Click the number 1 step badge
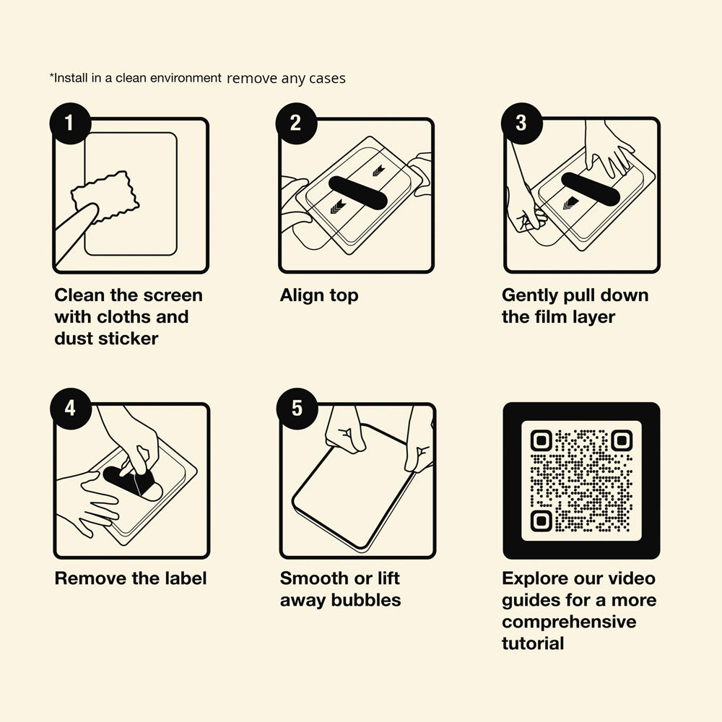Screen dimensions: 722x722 tap(70, 123)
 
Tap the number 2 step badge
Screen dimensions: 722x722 tap(296, 123)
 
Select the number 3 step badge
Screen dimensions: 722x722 tap(522, 123)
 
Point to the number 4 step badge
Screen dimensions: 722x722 tap(71, 409)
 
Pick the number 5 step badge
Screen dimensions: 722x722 tap(297, 409)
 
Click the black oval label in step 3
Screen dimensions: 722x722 tap(591, 189)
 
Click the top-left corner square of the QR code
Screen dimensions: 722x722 tap(541, 440)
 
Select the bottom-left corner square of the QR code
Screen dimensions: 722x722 tap(541, 521)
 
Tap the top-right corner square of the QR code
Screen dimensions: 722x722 tap(622, 440)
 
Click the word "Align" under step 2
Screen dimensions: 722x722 tap(300, 295)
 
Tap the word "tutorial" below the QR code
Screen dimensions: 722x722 tap(533, 643)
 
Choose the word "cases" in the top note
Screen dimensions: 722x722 tap(327, 79)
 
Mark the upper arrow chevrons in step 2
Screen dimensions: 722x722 tap(378, 171)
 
